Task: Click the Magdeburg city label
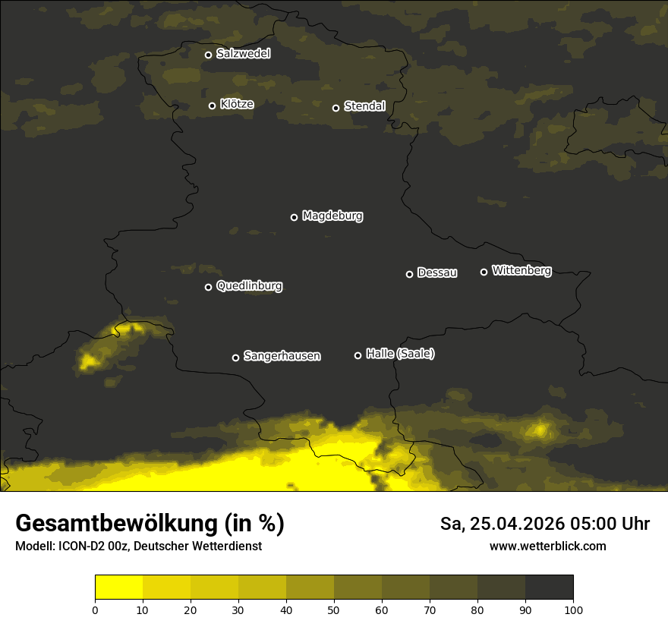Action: click(332, 216)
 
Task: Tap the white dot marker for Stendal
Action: click(336, 108)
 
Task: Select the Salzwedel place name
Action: click(243, 54)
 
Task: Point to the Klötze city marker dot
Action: click(212, 106)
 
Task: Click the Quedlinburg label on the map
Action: click(249, 286)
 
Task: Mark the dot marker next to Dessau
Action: click(409, 274)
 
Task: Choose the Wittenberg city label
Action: click(521, 270)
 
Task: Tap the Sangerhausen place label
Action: click(282, 356)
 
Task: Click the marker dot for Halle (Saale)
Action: click(358, 355)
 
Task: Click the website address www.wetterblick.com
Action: click(547, 547)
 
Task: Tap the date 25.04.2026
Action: click(511, 524)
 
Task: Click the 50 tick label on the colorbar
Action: click(334, 610)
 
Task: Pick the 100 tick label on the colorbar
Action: click(573, 610)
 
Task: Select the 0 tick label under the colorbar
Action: click(95, 610)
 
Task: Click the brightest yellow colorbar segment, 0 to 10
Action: click(118, 587)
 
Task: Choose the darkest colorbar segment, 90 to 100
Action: click(549, 587)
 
